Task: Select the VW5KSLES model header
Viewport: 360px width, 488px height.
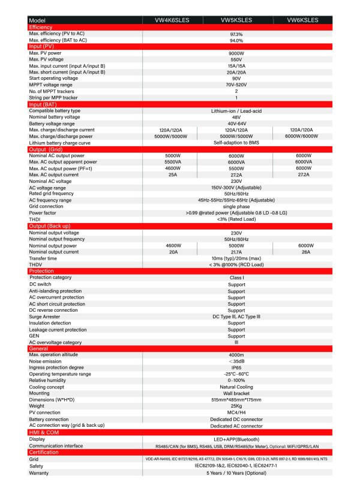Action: pyautogui.click(x=236, y=20)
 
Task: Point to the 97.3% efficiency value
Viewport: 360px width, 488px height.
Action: pyautogui.click(x=236, y=34)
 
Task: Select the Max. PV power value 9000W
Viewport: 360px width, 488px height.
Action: pyautogui.click(x=236, y=53)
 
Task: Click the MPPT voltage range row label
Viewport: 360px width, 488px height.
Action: pyautogui.click(x=50, y=85)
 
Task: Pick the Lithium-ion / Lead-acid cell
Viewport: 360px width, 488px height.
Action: pyautogui.click(x=236, y=111)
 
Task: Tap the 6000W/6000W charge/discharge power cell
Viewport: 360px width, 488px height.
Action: pyautogui.click(x=303, y=136)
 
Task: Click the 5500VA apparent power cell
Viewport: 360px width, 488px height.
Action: pyautogui.click(x=172, y=162)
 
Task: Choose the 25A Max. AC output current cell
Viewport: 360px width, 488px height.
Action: pyautogui.click(x=172, y=174)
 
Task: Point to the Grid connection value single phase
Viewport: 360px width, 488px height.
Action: pyautogui.click(x=236, y=206)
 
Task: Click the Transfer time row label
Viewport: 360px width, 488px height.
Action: pyautogui.click(x=45, y=258)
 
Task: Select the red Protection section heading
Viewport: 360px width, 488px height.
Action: pyautogui.click(x=41, y=271)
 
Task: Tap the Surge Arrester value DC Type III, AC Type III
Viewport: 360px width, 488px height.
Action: pyautogui.click(x=236, y=316)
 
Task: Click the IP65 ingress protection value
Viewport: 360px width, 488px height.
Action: pyautogui.click(x=236, y=367)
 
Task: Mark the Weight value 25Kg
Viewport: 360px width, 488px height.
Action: pyautogui.click(x=236, y=406)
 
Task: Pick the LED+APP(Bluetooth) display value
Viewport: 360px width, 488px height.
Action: pyautogui.click(x=236, y=439)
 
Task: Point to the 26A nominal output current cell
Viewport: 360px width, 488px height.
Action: pyautogui.click(x=305, y=252)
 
